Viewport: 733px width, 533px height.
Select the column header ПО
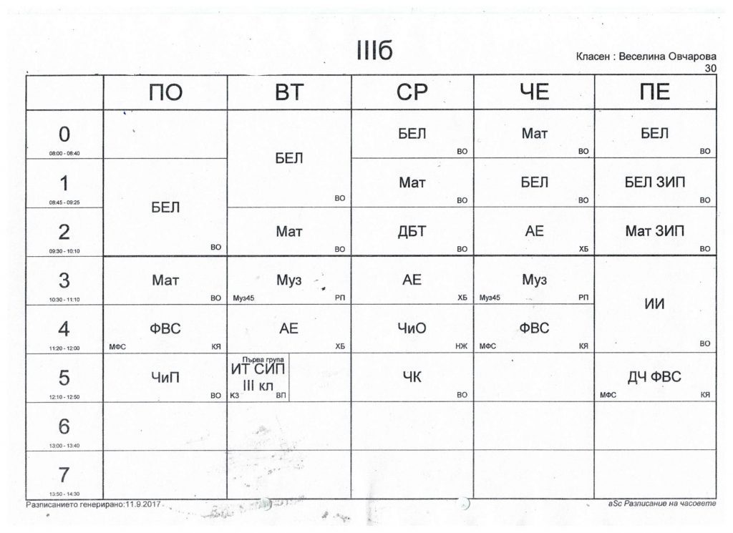[165, 92]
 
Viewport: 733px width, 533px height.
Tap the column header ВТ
[289, 92]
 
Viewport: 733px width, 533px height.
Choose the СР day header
[412, 92]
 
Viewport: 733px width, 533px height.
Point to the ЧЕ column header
[534, 92]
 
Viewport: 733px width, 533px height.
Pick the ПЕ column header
[655, 92]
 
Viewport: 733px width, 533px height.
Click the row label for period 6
[64, 427]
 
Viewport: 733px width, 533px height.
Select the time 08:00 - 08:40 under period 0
[64, 154]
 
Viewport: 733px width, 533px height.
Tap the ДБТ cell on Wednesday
[412, 232]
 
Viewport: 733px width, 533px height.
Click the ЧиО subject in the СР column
[412, 329]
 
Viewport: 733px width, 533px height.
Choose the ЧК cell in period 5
[412, 378]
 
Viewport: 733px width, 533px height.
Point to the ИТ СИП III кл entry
[258, 376]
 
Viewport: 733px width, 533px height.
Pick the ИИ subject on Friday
[655, 304]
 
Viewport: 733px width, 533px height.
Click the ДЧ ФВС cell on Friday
[655, 378]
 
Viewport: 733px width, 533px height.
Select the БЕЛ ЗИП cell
[655, 182]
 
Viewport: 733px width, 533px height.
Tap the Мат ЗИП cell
[655, 232]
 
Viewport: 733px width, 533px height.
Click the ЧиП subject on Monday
[165, 378]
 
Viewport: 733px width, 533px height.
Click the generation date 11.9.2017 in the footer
[143, 504]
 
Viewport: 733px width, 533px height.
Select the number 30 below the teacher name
[710, 68]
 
